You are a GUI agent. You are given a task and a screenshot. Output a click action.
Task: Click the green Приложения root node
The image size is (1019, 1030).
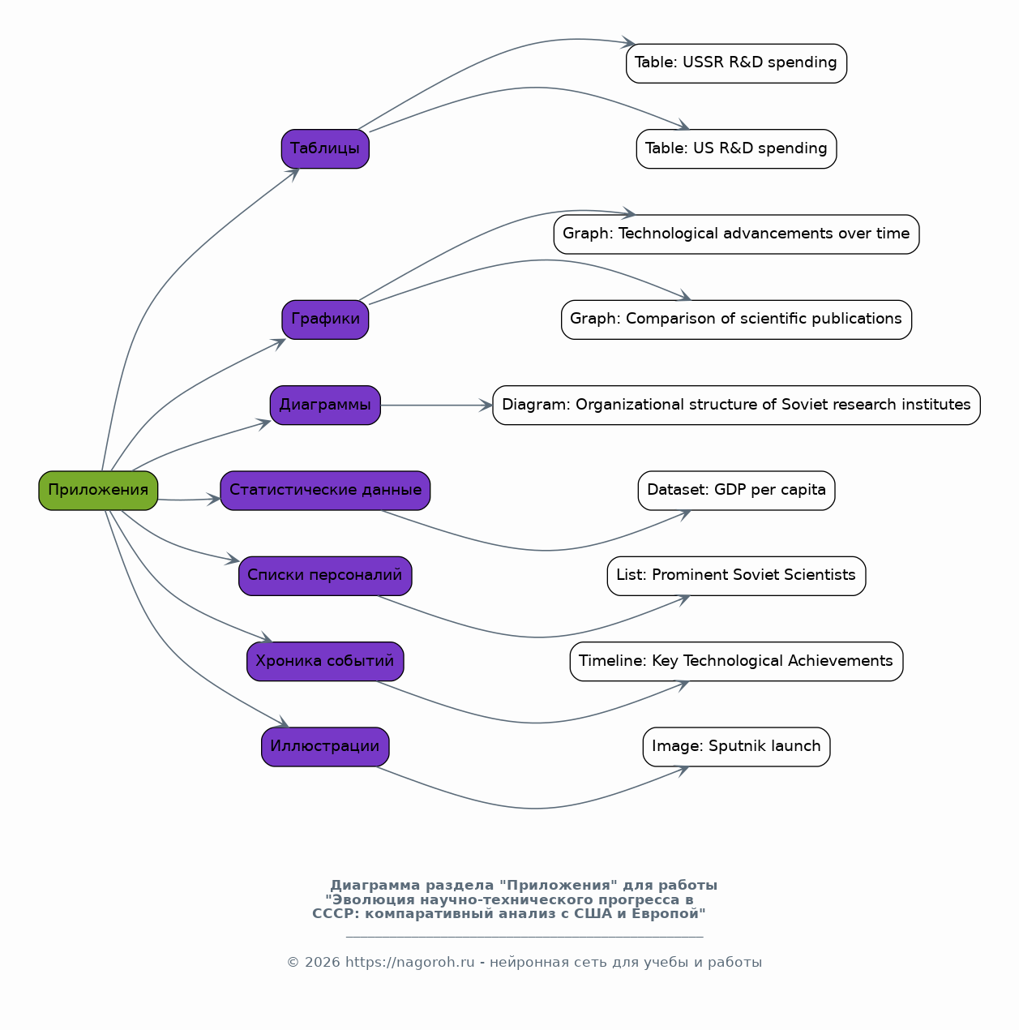98,490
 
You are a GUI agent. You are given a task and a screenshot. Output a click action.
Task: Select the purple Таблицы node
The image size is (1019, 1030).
325,148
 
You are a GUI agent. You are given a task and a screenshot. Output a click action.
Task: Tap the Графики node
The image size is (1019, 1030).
325,320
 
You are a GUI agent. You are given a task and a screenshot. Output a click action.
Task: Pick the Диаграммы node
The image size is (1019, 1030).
325,406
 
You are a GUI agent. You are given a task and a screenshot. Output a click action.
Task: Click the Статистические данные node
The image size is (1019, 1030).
325,490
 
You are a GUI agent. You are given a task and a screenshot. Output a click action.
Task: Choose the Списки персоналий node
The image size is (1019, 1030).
325,576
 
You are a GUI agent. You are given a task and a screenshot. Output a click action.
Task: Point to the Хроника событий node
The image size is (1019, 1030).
325,661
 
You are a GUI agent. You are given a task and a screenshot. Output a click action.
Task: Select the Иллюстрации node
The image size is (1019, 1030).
325,747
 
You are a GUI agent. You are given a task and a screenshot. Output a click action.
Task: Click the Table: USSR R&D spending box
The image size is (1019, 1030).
736,63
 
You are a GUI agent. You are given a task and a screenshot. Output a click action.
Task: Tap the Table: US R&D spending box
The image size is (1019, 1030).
736,148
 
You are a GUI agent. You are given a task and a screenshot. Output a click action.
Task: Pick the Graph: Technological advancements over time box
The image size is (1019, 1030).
736,234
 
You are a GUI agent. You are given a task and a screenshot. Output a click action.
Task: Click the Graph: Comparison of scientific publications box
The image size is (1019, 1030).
736,320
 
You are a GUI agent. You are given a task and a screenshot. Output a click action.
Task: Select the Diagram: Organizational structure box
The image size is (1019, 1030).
736,406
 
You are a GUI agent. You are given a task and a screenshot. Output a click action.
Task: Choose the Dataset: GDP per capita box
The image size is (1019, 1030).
736,490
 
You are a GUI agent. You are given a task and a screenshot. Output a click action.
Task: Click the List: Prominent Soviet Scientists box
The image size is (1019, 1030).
736,576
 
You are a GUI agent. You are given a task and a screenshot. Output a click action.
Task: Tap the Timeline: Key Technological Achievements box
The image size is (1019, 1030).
736,661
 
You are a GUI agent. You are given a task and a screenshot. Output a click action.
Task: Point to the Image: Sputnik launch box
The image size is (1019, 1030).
736,747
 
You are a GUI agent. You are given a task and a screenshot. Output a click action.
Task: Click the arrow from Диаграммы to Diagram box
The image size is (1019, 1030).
437,406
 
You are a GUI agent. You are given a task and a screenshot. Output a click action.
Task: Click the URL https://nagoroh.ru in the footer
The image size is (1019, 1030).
410,963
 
